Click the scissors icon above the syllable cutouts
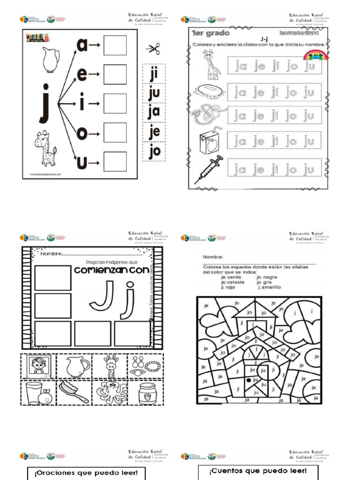pos(153,49)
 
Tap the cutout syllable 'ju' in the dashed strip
pos(154,93)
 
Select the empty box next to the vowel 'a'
pos(115,45)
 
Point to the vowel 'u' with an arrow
pos(82,163)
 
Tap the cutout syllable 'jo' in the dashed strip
pos(154,151)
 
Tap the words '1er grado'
pos(210,33)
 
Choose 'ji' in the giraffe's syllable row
pos(276,66)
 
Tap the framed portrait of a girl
pos(38,366)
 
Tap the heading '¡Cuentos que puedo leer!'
pos(258,471)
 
